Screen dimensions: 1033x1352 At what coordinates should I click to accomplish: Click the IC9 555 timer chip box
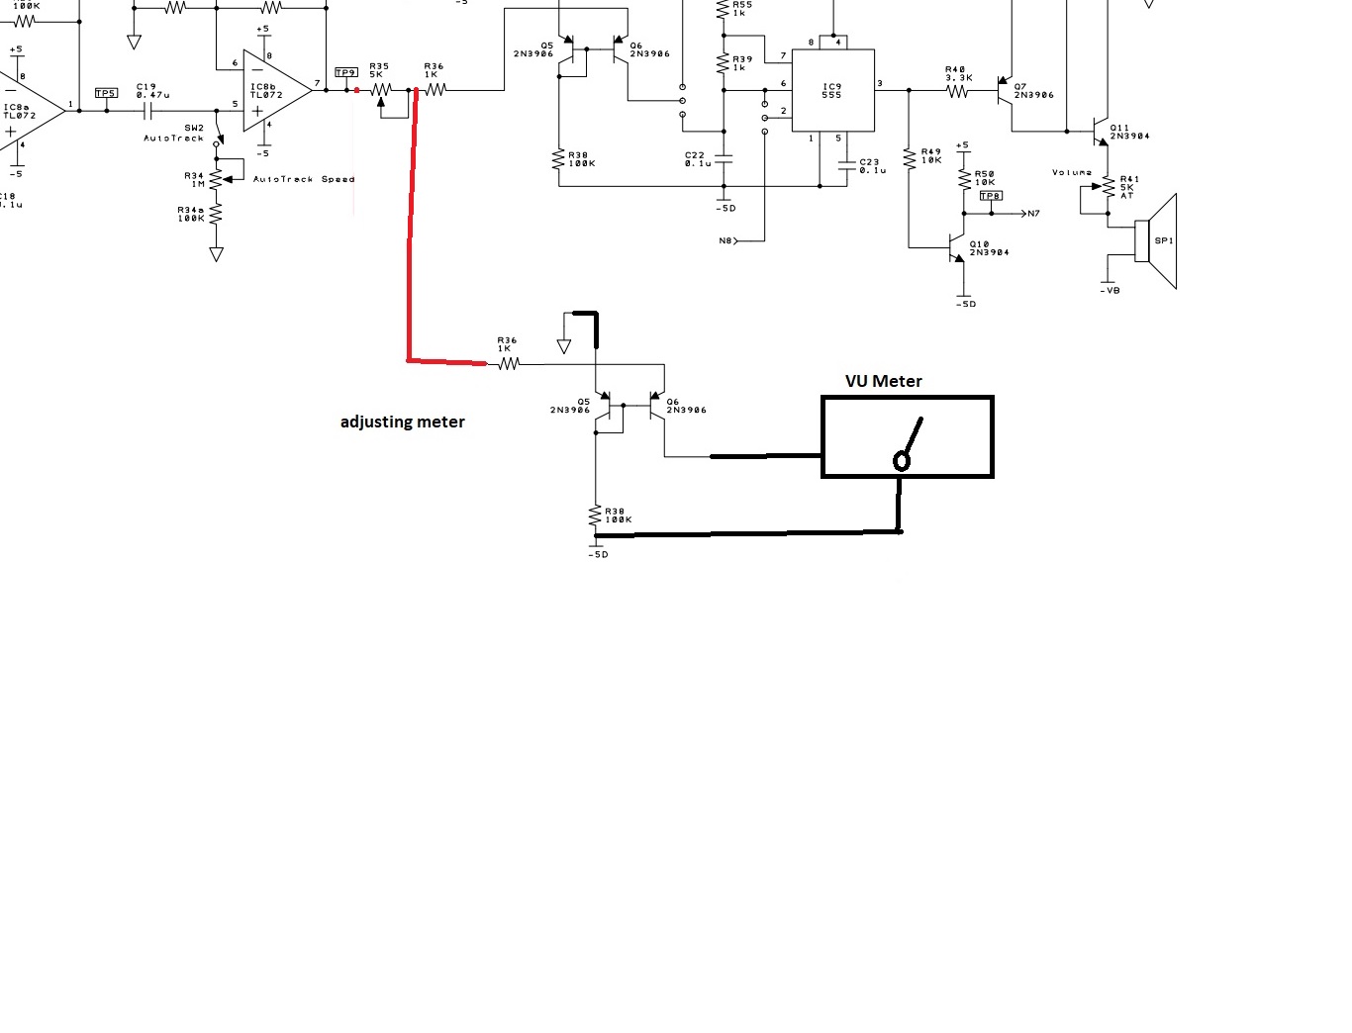tap(832, 90)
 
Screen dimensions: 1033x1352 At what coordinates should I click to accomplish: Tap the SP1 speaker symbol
tap(1159, 241)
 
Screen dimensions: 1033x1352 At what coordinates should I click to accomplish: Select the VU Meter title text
tap(883, 381)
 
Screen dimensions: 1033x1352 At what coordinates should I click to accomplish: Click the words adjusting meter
tap(402, 422)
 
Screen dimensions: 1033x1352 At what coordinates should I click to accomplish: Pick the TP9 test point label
tap(345, 73)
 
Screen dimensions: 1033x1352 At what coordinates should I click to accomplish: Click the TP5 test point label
tap(106, 93)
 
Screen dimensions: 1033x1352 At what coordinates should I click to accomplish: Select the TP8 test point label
tap(990, 196)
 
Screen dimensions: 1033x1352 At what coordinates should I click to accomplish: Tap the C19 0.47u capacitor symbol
tap(149, 111)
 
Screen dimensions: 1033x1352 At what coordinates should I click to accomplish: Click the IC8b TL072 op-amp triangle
tap(276, 91)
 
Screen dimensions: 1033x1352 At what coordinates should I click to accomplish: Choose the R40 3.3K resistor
tap(957, 91)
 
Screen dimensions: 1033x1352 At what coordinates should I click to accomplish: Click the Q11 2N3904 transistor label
tap(1129, 132)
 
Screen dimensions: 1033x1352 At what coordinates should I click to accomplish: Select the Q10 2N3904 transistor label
tap(989, 248)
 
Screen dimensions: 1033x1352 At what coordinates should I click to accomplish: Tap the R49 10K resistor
tap(910, 157)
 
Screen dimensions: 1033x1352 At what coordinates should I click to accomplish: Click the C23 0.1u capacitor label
tap(872, 165)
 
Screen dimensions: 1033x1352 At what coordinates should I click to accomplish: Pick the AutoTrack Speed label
tap(303, 179)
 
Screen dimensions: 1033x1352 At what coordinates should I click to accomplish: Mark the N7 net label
tap(1034, 214)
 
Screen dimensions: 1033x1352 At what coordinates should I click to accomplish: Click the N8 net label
tap(725, 240)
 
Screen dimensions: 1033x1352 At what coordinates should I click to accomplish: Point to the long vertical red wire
tap(412, 228)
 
